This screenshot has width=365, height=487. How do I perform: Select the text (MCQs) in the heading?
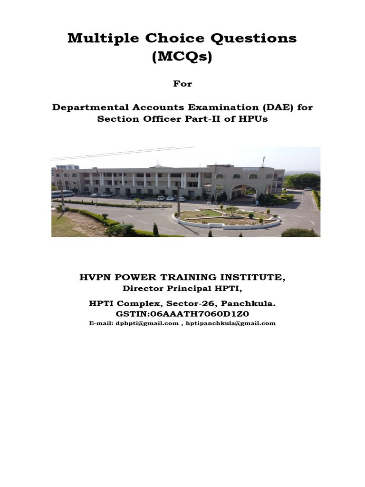182,58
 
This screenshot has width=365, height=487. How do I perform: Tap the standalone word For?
182,84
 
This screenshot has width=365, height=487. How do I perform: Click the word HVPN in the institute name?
95,277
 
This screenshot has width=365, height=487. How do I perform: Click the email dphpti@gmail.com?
147,323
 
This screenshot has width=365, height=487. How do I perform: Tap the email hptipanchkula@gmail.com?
231,323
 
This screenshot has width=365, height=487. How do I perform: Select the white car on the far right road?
307,189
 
